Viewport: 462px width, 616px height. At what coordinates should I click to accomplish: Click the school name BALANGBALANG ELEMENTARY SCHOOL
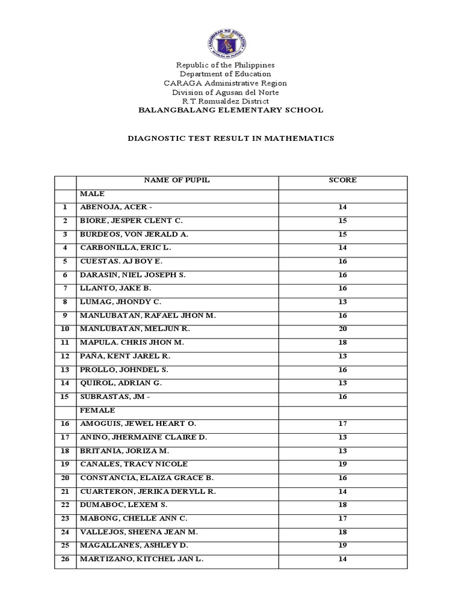click(x=231, y=110)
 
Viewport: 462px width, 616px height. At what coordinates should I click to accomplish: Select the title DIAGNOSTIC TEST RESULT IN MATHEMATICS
click(x=230, y=138)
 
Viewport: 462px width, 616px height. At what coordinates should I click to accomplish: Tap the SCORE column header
click(x=342, y=180)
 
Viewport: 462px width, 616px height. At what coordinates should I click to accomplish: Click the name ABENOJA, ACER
click(x=120, y=208)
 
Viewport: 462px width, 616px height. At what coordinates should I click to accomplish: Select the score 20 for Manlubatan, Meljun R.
click(x=342, y=329)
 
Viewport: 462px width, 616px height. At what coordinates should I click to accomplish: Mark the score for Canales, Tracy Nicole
click(x=342, y=464)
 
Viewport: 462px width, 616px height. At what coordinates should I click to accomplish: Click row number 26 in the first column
click(x=65, y=559)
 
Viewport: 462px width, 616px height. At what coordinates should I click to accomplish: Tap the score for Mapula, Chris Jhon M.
click(x=342, y=342)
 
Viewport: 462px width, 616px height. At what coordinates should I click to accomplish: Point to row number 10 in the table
click(x=65, y=329)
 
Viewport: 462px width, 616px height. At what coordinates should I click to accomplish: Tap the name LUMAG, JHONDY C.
click(x=120, y=302)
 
